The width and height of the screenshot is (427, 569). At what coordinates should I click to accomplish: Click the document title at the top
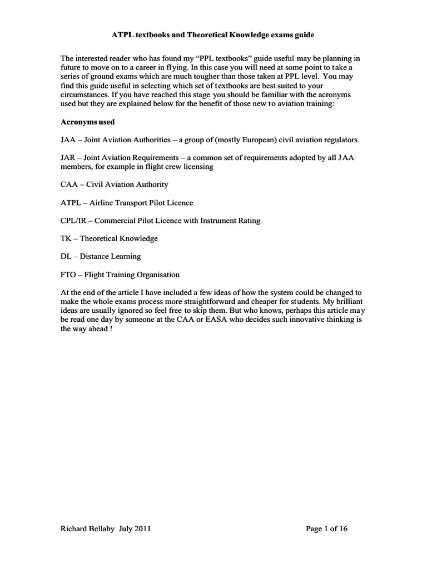pyautogui.click(x=213, y=35)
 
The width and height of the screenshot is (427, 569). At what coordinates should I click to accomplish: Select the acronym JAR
pyautogui.click(x=67, y=158)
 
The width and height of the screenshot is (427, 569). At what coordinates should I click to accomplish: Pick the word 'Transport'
pyautogui.click(x=130, y=203)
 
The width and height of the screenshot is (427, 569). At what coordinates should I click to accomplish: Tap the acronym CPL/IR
pyautogui.click(x=73, y=221)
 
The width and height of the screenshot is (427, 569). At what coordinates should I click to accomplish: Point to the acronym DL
pyautogui.click(x=66, y=256)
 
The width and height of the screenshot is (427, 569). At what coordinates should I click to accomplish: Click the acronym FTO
pyautogui.click(x=68, y=274)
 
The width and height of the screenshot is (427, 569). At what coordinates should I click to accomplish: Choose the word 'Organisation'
pyautogui.click(x=154, y=274)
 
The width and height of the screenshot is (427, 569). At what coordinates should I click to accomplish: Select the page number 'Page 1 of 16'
pyautogui.click(x=326, y=529)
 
